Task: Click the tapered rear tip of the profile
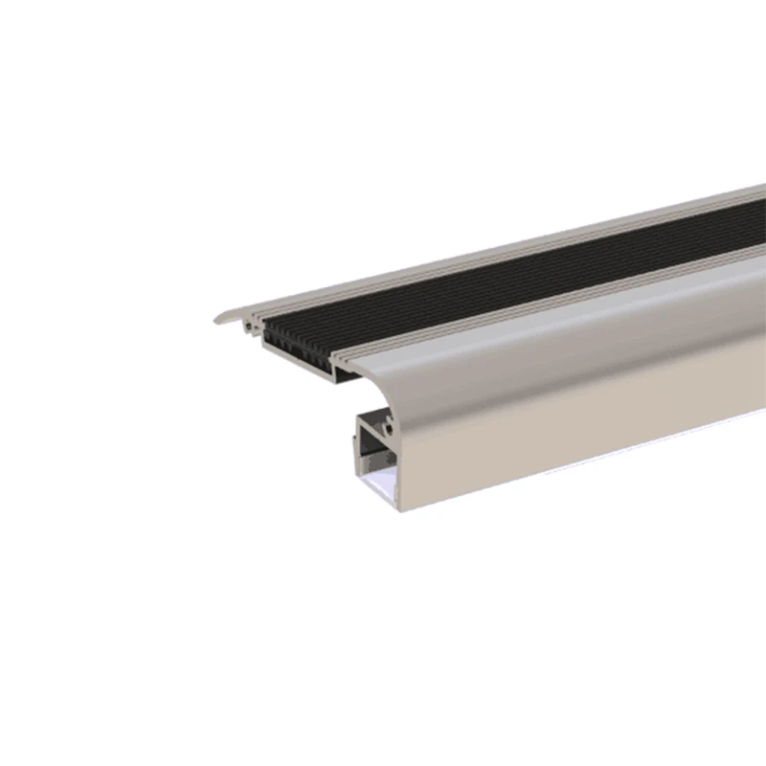pos(217,319)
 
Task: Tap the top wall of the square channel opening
pos(375,419)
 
